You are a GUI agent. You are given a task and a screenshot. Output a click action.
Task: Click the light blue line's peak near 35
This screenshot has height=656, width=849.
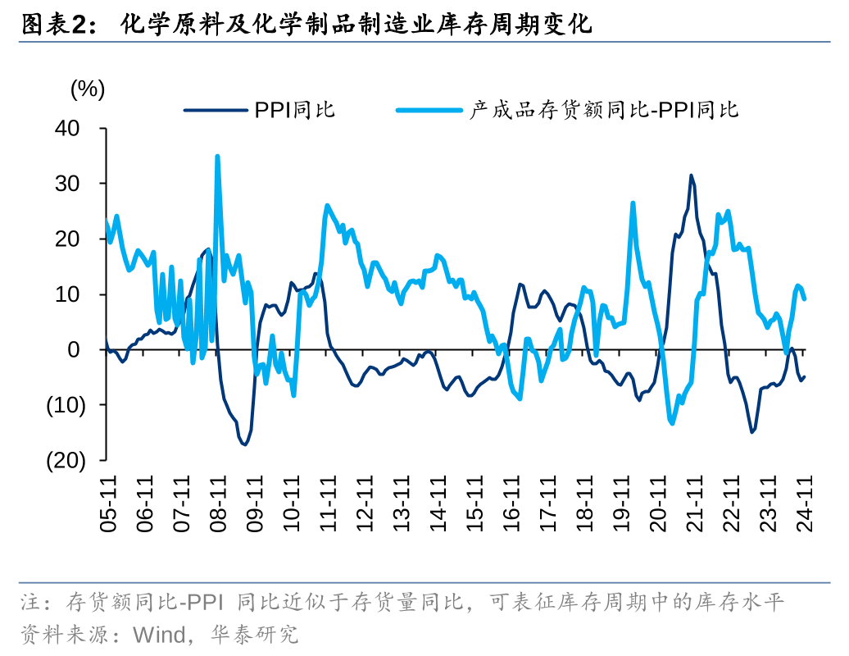[x=217, y=156]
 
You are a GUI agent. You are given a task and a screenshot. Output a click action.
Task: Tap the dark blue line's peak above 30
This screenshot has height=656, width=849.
[x=691, y=175]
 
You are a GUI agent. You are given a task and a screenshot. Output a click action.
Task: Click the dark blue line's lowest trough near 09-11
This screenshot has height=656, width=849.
[x=244, y=444]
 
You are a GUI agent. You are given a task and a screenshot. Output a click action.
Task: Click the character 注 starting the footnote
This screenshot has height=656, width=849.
[x=30, y=604]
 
